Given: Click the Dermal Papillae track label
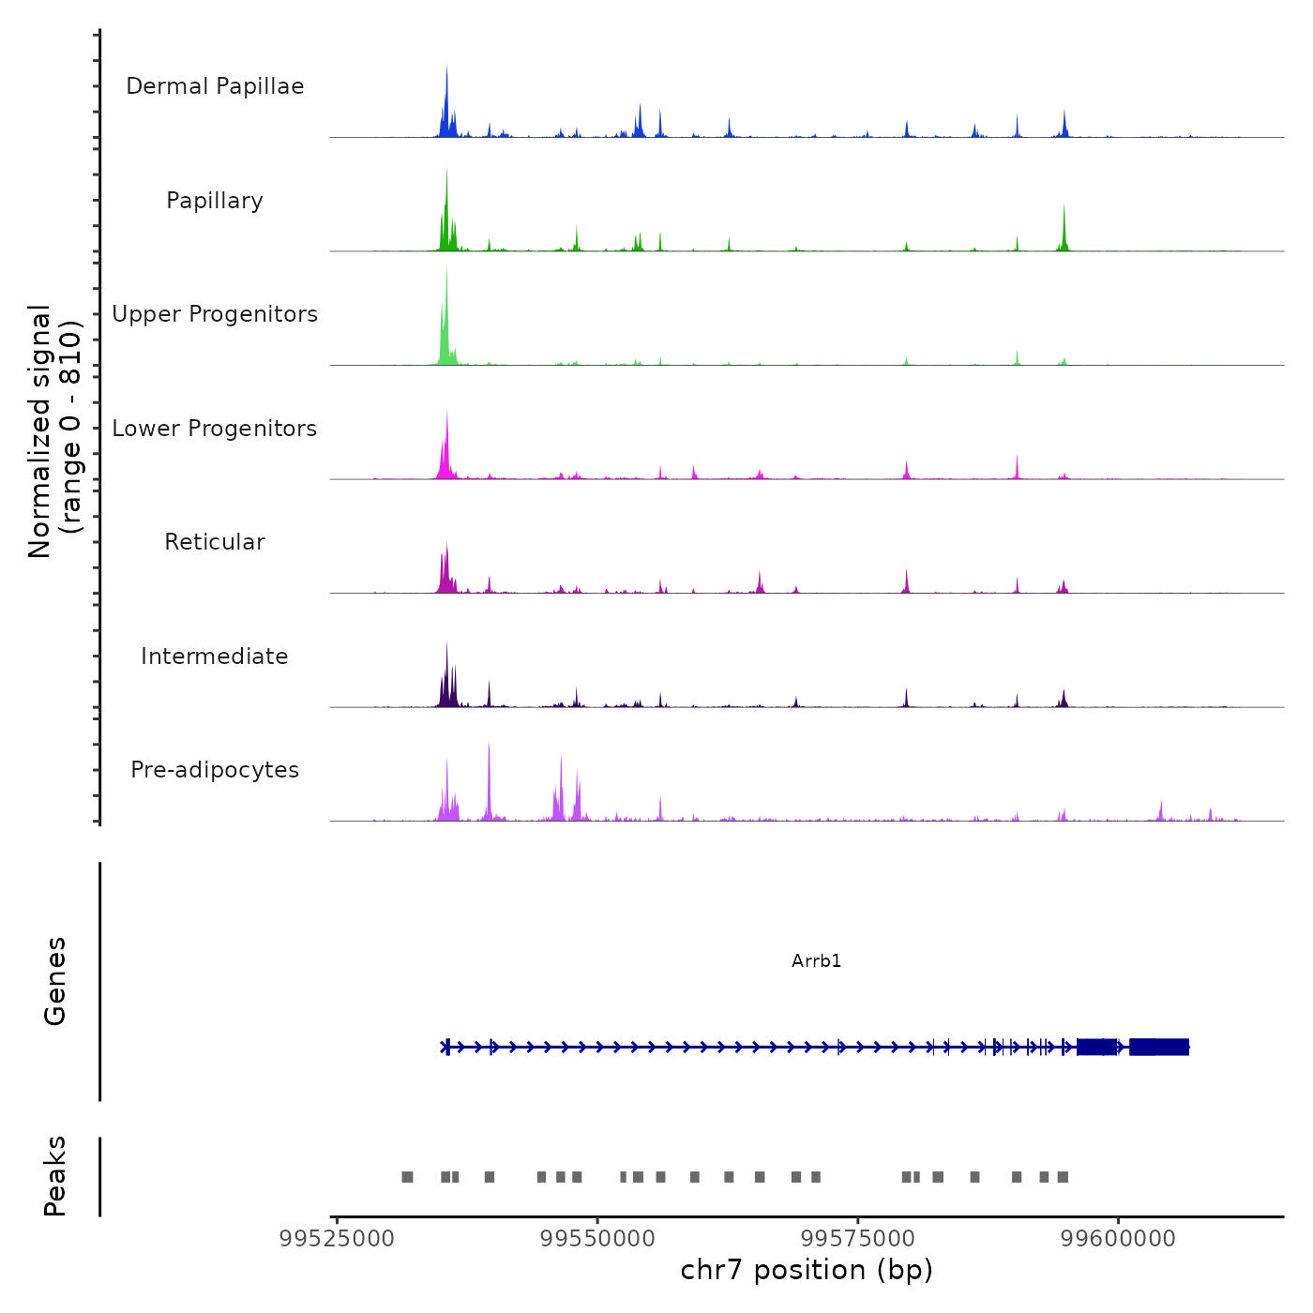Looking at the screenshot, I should tap(215, 86).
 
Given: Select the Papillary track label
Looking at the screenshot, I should tap(215, 201).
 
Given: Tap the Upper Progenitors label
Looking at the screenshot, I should tap(215, 314).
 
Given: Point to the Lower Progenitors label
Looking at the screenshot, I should tap(215, 429).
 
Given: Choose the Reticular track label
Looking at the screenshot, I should tap(215, 542).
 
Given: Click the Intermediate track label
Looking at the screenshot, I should tap(215, 656).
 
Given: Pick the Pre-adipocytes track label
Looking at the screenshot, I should tap(215, 770).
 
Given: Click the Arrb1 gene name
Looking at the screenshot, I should tap(816, 961).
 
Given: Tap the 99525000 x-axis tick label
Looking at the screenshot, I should tap(337, 1239).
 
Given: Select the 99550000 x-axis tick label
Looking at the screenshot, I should tap(597, 1239).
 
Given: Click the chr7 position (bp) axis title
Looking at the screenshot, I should tap(807, 1271).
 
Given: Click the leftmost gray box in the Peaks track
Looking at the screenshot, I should tap(407, 1177).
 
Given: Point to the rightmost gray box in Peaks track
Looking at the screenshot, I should tap(1063, 1177).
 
